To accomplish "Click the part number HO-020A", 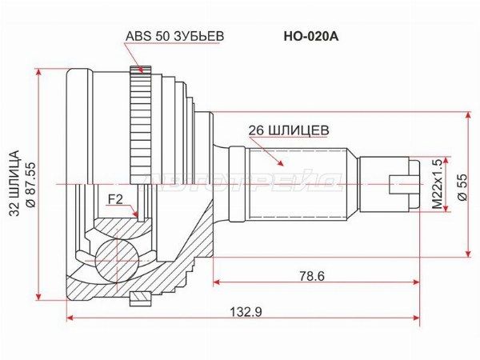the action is click(x=311, y=37).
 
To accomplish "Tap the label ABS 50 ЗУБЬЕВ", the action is click(x=174, y=36).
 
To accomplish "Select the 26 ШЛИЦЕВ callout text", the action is click(x=289, y=130).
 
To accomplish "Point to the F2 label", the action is click(x=115, y=199).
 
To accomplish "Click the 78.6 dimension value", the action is click(x=312, y=277).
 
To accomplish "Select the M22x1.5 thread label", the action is click(x=438, y=184).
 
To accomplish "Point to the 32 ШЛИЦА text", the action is click(x=14, y=183).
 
